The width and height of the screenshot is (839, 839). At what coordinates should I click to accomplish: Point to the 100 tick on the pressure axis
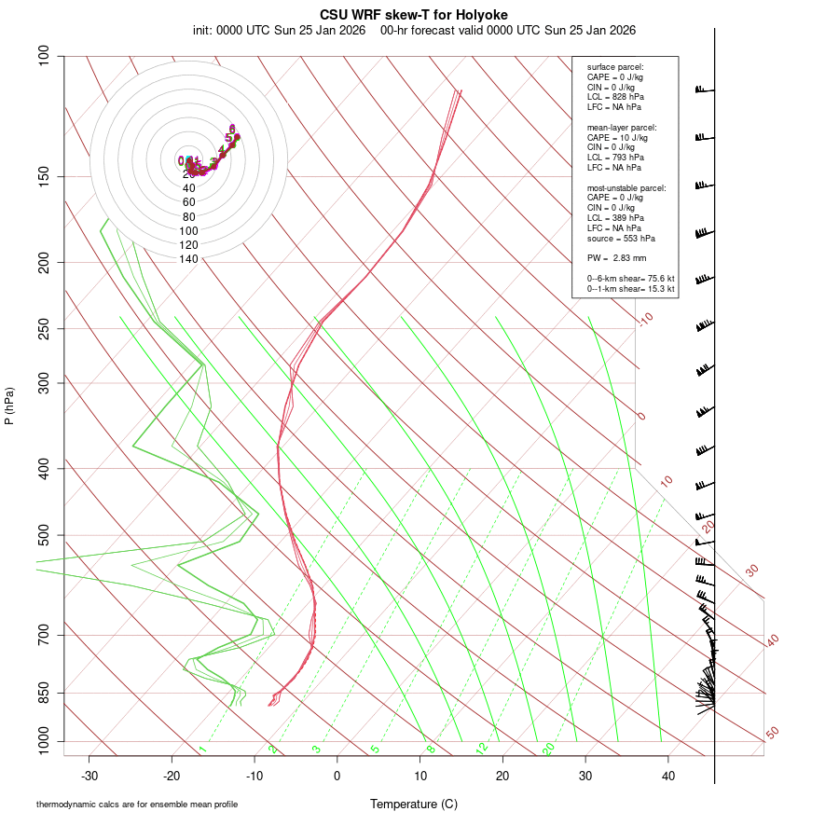point(44,56)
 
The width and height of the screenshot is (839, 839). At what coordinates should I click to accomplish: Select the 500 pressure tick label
point(44,535)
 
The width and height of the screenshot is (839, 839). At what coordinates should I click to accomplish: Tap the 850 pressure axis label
point(44,693)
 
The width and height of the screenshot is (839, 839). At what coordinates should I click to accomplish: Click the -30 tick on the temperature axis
point(89,776)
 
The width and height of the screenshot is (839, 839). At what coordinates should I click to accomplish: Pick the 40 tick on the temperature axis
point(667,776)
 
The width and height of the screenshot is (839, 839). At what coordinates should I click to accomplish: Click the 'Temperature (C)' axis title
point(414,804)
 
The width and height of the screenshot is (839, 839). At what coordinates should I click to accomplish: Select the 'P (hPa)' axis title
point(9,406)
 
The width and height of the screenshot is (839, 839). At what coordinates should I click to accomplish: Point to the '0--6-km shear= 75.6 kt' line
point(630,279)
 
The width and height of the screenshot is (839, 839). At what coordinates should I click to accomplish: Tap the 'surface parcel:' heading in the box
point(615,67)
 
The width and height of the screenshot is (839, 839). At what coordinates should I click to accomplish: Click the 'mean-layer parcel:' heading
point(622,128)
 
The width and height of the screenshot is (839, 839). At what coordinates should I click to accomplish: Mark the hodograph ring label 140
point(189,259)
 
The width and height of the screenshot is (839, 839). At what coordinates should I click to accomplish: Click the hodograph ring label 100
point(189,231)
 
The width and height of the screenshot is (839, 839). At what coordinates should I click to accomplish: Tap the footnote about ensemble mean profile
point(136,804)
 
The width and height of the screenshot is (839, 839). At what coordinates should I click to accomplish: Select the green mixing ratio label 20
point(548,749)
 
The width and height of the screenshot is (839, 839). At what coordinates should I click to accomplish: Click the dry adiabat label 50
point(773,734)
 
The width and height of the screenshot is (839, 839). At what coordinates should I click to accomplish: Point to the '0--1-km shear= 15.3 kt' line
point(630,289)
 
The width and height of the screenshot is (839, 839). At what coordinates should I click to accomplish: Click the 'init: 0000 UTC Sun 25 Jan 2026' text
point(279,30)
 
